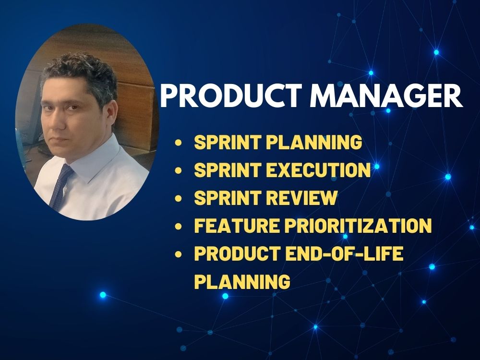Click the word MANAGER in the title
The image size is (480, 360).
pyautogui.click(x=386, y=96)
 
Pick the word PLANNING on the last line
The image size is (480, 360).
pyautogui.click(x=242, y=281)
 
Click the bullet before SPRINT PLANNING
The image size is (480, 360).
pyautogui.click(x=179, y=143)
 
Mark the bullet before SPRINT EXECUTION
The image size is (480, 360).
pyautogui.click(x=179, y=170)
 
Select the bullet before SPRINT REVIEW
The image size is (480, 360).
pyautogui.click(x=179, y=198)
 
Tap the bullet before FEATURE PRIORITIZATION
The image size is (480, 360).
pyautogui.click(x=179, y=226)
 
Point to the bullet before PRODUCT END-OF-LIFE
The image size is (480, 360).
pyautogui.click(x=179, y=254)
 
